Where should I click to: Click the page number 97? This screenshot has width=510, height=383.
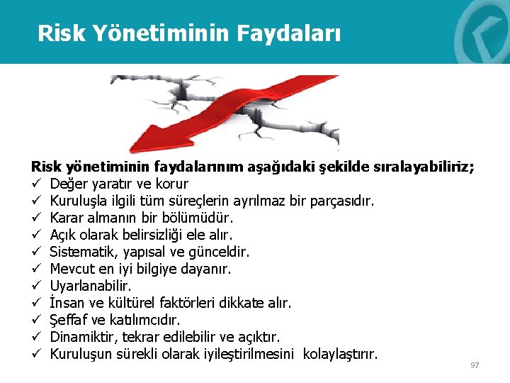pyautogui.click(x=475, y=365)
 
